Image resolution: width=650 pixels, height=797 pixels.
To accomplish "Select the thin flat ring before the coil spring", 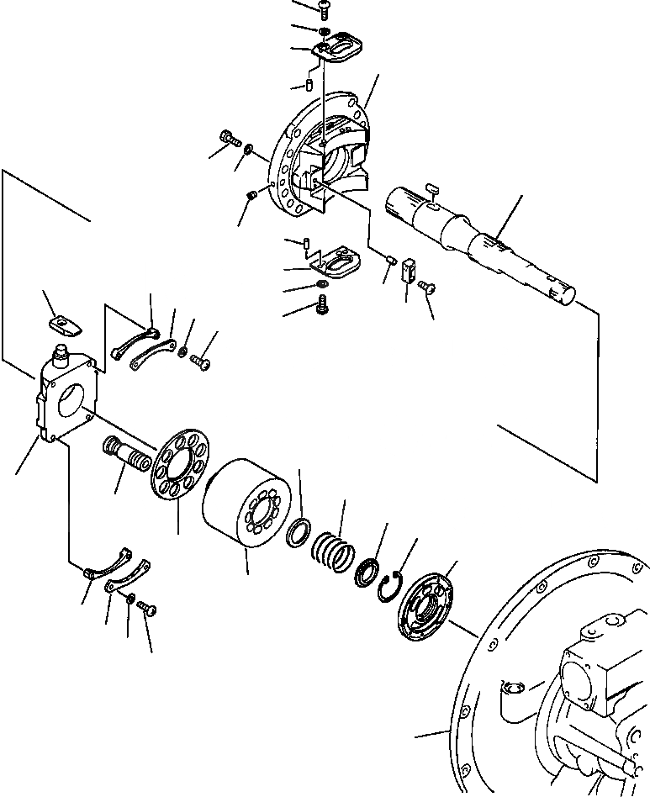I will (x=298, y=534).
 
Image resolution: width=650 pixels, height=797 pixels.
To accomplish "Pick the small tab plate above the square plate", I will (x=63, y=325).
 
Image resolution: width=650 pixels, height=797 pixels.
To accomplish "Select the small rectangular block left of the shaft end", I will (x=410, y=269).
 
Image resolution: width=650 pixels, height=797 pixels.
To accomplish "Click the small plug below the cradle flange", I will (x=251, y=196).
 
